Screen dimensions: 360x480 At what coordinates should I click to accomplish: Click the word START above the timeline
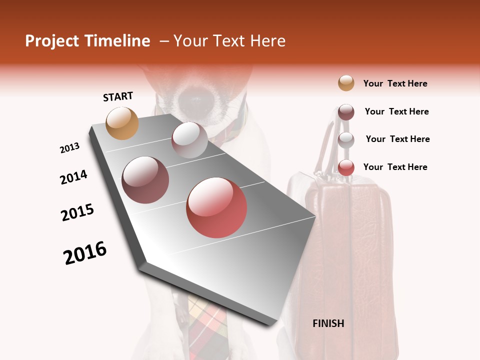[x=118, y=96]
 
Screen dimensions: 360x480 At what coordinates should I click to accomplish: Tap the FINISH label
[x=328, y=323]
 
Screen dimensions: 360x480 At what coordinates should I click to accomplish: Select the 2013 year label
[x=69, y=148]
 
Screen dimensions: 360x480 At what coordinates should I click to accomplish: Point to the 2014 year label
[x=73, y=177]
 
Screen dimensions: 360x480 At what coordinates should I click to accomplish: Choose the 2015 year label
[x=77, y=212]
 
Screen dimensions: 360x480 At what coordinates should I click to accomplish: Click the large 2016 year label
[x=85, y=253]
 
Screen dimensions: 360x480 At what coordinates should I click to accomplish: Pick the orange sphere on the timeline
[x=122, y=123]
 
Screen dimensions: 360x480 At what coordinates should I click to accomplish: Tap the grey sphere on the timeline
[x=189, y=140]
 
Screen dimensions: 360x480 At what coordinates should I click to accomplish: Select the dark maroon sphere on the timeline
[x=145, y=180]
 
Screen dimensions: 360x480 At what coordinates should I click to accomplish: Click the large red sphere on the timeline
[x=216, y=207]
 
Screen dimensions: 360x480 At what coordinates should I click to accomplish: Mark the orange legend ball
[x=346, y=83]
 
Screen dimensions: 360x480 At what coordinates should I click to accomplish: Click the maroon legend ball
[x=346, y=112]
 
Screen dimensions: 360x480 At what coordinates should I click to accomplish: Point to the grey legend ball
[x=346, y=140]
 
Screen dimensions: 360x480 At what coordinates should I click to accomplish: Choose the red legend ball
[x=346, y=167]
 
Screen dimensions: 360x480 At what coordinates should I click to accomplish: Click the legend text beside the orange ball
[x=395, y=83]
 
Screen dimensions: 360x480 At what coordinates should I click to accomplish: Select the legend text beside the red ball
[x=395, y=167]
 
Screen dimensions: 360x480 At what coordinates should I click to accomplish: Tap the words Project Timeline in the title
[x=87, y=41]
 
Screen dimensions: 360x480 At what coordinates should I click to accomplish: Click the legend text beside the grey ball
[x=397, y=139]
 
